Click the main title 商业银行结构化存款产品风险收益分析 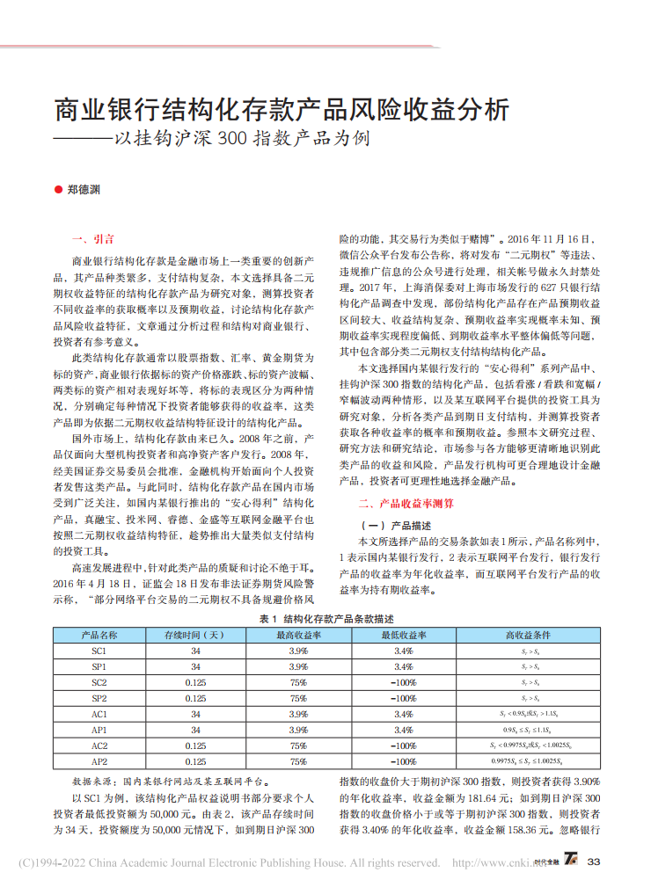click(x=282, y=110)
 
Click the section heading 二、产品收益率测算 click(x=406, y=504)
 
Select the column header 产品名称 click(x=99, y=635)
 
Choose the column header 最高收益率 click(x=298, y=635)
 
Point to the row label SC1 click(x=99, y=651)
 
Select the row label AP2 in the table click(x=99, y=761)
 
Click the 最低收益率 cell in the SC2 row click(x=404, y=683)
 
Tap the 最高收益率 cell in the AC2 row click(x=298, y=745)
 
